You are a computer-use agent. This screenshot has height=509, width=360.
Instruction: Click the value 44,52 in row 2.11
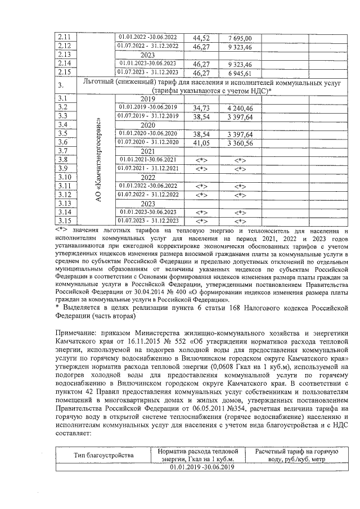tap(201, 38)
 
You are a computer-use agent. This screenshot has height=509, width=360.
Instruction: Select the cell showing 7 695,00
tap(240, 38)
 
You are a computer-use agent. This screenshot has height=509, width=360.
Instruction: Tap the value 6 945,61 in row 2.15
tap(240, 73)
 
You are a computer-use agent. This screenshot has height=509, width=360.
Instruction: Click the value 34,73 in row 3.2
tap(201, 107)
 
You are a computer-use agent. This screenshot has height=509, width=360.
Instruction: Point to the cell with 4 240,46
tap(240, 107)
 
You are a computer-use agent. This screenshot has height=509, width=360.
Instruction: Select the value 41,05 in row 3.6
tap(201, 143)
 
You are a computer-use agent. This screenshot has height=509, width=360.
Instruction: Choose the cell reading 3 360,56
tap(240, 143)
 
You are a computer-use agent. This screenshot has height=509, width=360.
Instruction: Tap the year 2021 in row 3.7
tap(148, 151)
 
